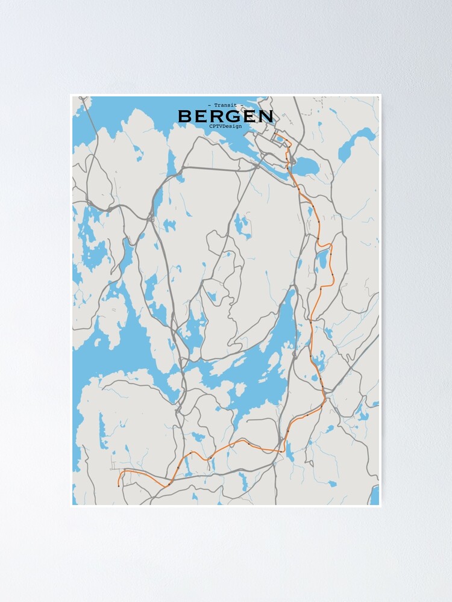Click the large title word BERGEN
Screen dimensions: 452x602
point(225,116)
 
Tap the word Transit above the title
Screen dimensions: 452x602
point(225,105)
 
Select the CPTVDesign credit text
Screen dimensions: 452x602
point(225,126)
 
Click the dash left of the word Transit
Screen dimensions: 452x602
point(209,105)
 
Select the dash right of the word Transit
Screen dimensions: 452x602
point(242,105)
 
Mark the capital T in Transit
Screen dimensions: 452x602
point(215,105)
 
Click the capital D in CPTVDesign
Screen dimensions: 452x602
point(226,126)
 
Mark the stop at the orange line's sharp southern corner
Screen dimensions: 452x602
point(282,450)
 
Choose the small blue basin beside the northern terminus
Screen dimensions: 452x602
point(280,140)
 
